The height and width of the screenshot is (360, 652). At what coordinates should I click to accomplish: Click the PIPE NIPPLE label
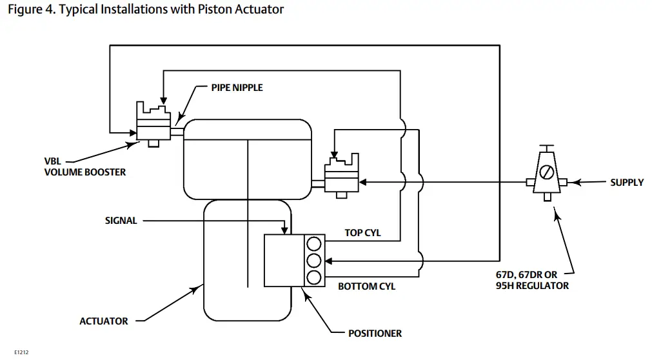pyautogui.click(x=237, y=87)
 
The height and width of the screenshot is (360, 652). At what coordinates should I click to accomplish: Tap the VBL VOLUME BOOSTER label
pyautogui.click(x=85, y=167)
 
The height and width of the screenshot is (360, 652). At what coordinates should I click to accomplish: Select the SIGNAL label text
pyautogui.click(x=121, y=221)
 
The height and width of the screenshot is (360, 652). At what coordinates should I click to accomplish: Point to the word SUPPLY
pyautogui.click(x=627, y=183)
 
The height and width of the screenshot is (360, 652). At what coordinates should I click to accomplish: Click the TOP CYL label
pyautogui.click(x=362, y=233)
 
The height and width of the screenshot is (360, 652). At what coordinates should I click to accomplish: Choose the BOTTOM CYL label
pyautogui.click(x=366, y=286)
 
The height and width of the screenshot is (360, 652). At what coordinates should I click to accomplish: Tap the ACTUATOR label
pyautogui.click(x=103, y=321)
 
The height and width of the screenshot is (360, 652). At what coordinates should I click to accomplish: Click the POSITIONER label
pyautogui.click(x=375, y=334)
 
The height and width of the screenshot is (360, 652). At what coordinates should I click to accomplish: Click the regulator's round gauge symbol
pyautogui.click(x=546, y=173)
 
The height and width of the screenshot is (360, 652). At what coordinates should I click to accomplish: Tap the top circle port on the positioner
pyautogui.click(x=313, y=244)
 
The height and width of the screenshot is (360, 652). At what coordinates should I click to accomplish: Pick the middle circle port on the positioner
pyautogui.click(x=313, y=261)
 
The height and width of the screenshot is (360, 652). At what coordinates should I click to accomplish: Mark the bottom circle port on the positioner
pyautogui.click(x=313, y=277)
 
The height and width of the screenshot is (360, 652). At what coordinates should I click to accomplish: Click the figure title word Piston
pyautogui.click(x=213, y=10)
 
